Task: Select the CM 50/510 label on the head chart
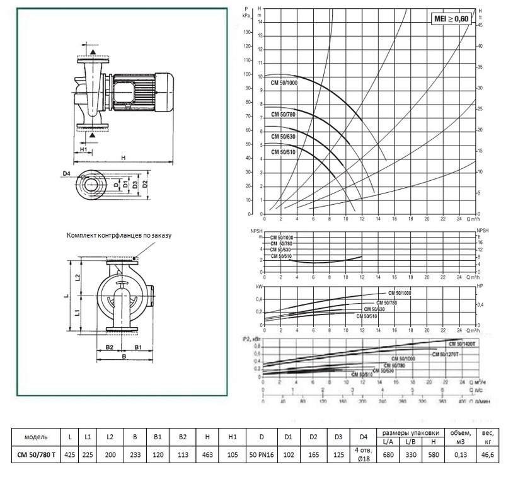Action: click(x=283, y=152)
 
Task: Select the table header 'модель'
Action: click(x=36, y=437)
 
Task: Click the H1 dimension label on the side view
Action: click(x=84, y=149)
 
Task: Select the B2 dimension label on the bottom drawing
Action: click(x=108, y=347)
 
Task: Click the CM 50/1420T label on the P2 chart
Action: click(x=463, y=344)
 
